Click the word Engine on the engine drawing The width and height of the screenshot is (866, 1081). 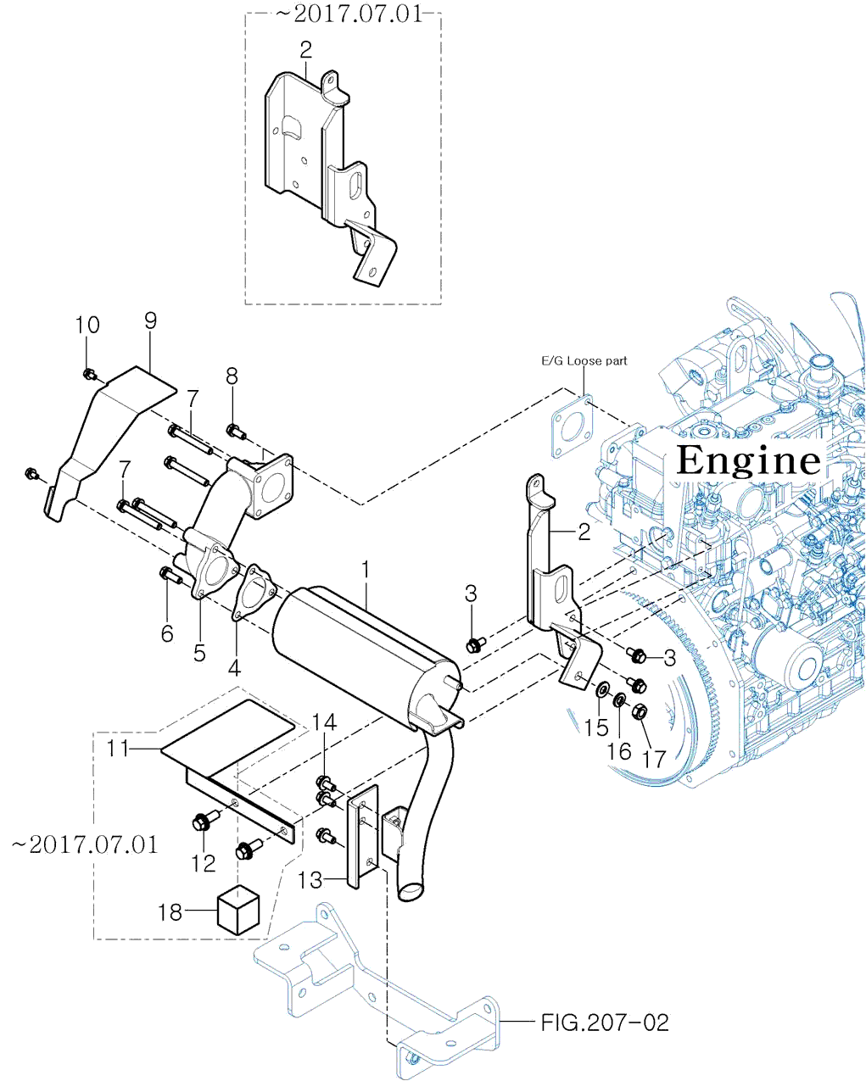tap(749, 460)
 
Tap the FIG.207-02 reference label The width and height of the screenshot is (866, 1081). tap(605, 1022)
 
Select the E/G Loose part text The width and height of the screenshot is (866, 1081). tap(584, 360)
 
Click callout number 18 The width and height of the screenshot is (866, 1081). tap(170, 911)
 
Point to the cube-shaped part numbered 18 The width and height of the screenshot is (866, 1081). tap(238, 910)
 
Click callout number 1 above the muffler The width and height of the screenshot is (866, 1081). tap(366, 569)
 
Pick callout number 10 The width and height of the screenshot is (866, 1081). tap(87, 325)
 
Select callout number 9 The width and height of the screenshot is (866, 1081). tap(151, 320)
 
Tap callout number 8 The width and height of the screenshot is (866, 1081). tap(231, 376)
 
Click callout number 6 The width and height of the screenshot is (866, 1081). tap(167, 632)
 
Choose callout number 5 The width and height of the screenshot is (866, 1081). tap(199, 652)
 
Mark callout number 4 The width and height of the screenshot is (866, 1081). tap(234, 667)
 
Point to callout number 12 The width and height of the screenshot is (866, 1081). tap(204, 863)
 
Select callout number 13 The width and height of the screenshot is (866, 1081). tap(310, 880)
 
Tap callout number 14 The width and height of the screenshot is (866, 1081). tap(324, 722)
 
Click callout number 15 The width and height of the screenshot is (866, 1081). tap(596, 727)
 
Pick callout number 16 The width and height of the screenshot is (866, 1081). tap(620, 750)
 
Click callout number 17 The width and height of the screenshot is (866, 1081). tap(654, 759)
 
